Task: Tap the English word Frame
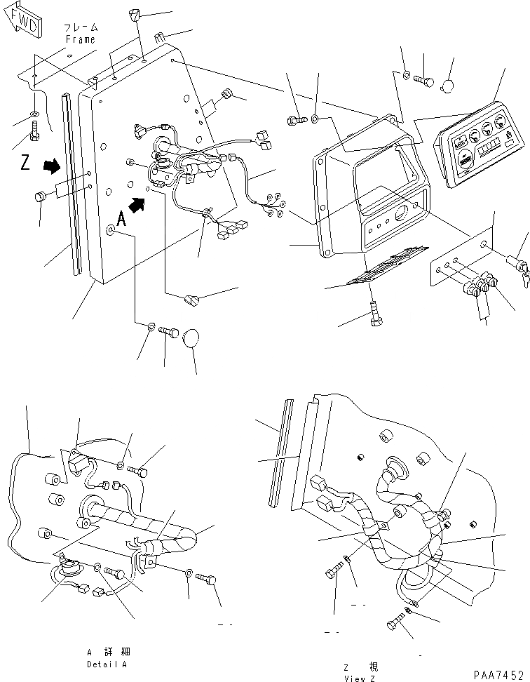pyautogui.click(x=81, y=40)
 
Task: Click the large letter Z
pyautogui.click(x=25, y=164)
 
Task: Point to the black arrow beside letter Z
pyautogui.click(x=51, y=166)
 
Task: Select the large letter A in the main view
pyautogui.click(x=121, y=219)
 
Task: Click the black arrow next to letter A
pyautogui.click(x=140, y=204)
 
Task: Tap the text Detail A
pyautogui.click(x=107, y=664)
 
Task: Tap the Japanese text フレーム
pyautogui.click(x=81, y=28)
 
